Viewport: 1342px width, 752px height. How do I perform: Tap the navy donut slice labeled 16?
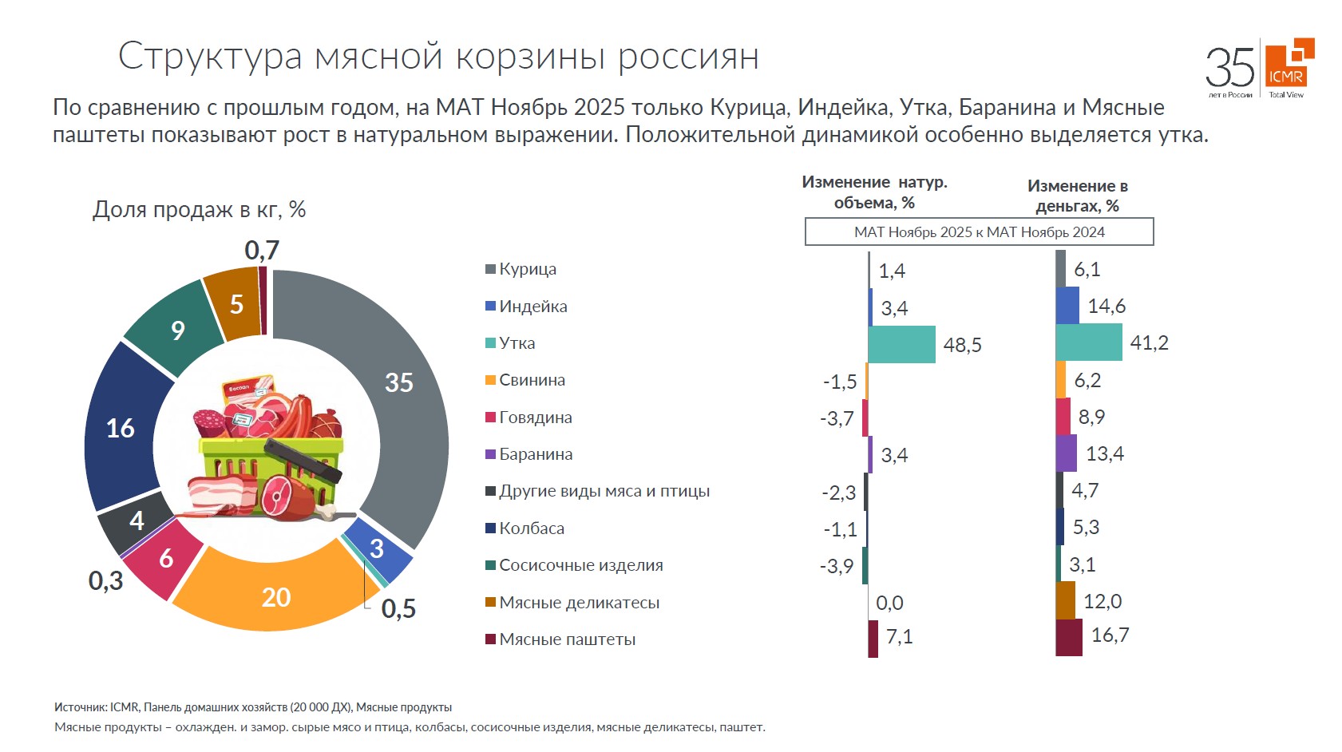tap(121, 428)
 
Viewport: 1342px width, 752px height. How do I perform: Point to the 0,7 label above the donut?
tap(262, 251)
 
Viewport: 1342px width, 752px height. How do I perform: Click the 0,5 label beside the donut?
tap(398, 609)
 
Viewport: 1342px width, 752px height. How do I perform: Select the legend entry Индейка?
tap(532, 307)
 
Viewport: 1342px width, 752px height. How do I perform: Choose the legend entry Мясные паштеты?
tap(567, 639)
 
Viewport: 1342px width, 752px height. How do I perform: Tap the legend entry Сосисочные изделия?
tap(580, 565)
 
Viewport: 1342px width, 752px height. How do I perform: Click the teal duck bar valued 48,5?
tap(901, 344)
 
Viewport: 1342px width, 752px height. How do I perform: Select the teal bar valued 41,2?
tap(1088, 342)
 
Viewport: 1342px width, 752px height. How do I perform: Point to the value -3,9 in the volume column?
tap(836, 566)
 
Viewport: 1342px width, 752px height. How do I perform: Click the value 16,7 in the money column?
tap(1110, 635)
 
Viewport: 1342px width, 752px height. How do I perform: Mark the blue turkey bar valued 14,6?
tap(1067, 306)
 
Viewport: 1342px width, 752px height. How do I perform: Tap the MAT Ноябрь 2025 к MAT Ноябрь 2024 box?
tap(979, 232)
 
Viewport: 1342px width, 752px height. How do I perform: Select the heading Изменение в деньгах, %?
tap(1077, 196)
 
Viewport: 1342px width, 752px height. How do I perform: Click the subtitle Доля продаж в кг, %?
tap(199, 210)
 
